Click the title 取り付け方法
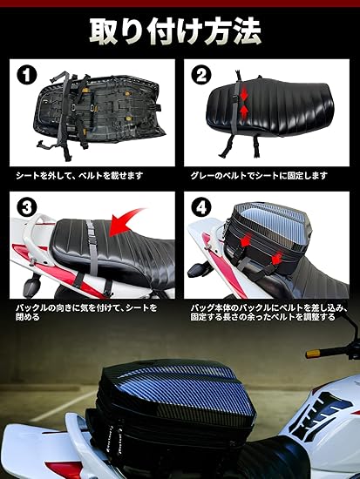175,31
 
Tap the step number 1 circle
27,75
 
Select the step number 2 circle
201,75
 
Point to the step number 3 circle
27,208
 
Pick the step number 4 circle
201,208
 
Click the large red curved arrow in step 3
124,221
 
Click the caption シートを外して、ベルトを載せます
79,176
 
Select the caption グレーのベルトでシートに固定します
259,176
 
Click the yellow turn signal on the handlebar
314,354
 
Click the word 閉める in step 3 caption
28,317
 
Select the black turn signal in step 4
196,270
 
